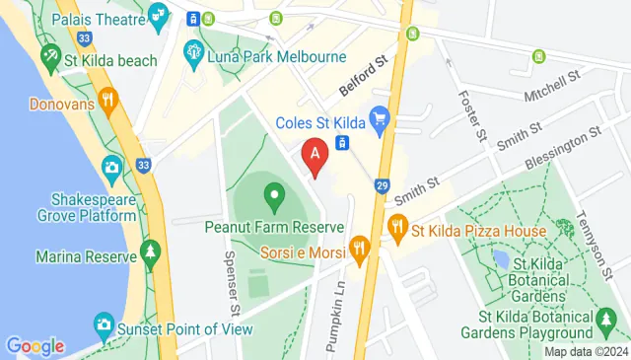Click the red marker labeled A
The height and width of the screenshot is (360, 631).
pos(315,156)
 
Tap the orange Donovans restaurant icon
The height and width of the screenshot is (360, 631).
pos(107,100)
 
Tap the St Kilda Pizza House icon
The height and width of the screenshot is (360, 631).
pos(398,232)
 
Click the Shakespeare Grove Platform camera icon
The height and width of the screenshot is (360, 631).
pos(111,167)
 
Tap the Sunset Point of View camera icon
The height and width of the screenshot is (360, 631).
pos(104,323)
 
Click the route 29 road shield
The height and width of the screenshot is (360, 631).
pos(384,185)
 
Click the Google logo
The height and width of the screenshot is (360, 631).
pos(35,346)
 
